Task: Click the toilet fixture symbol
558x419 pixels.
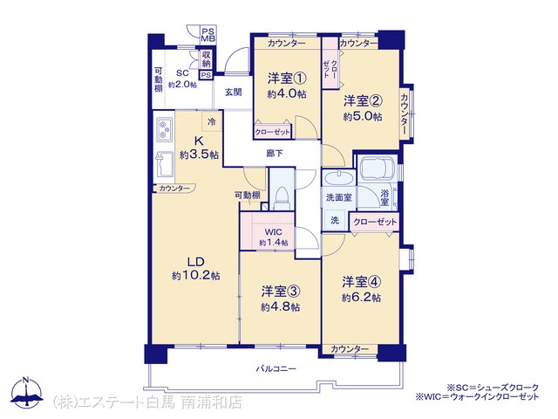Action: [282, 198]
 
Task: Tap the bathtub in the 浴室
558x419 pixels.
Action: [378, 168]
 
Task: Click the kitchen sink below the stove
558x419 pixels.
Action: [165, 164]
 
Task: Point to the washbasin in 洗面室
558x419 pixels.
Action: [339, 178]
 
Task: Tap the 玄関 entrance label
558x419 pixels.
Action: [233, 93]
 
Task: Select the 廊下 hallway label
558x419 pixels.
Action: [275, 154]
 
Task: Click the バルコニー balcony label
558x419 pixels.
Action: [276, 368]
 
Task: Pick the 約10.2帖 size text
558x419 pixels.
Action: [195, 276]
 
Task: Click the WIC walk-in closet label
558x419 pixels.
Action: [273, 232]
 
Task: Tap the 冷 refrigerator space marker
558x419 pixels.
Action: [212, 122]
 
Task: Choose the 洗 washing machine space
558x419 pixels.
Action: [335, 220]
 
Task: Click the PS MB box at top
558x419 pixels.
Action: [208, 35]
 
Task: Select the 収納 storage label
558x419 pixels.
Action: [207, 59]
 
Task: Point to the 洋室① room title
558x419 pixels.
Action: [287, 78]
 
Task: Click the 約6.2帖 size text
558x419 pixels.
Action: [361, 297]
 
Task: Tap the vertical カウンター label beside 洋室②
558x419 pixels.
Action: [405, 114]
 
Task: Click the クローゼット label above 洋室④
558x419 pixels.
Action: [375, 222]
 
